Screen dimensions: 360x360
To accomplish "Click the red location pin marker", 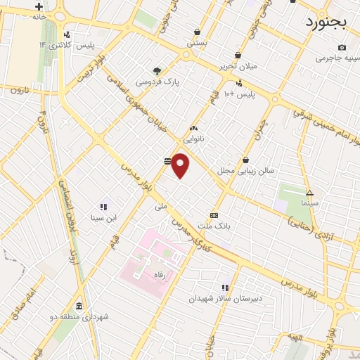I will pos(181,165).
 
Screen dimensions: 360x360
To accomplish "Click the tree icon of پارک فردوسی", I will pos(157,70).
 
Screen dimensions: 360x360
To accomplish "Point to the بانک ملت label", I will pos(214,226).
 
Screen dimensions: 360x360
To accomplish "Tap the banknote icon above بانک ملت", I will pos(214,215).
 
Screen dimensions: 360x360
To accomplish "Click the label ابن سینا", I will pos(103,218).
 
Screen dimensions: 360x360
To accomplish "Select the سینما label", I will pos(310,202).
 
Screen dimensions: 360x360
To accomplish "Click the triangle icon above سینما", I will pos(309,193).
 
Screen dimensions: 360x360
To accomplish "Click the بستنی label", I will pos(197,42).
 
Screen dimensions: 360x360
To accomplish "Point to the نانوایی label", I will pos(193,139).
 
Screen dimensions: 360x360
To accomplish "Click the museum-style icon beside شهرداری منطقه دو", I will pos(78,307).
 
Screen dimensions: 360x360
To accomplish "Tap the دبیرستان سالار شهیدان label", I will pos(225,297).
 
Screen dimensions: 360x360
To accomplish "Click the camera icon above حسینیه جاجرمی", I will pos(342,47).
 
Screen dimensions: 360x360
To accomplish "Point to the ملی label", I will pos(161,207).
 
